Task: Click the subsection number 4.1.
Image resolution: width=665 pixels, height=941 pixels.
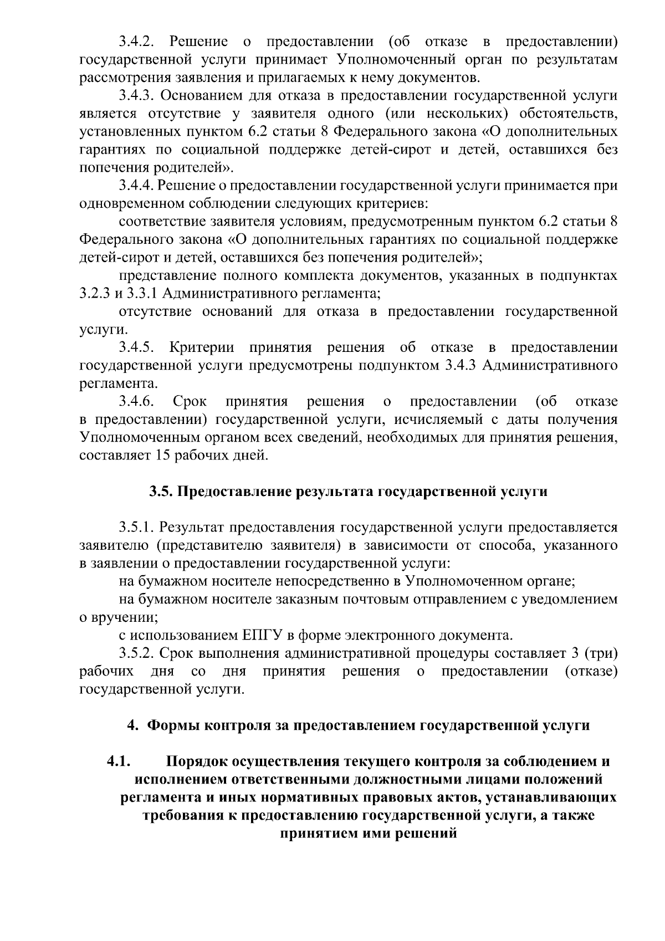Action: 119,761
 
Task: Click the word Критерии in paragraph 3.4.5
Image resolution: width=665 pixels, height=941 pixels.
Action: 202,347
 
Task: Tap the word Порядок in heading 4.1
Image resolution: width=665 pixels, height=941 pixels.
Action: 199,761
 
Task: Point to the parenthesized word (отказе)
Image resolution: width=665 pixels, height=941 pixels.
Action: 591,672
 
